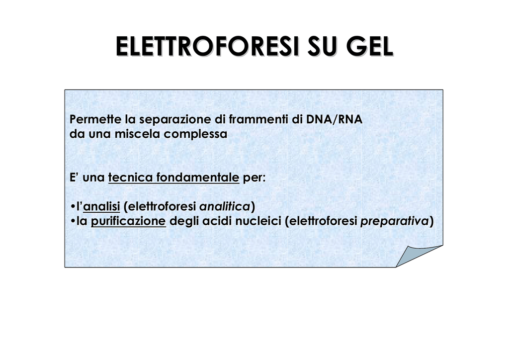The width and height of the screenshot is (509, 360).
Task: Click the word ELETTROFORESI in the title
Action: point(207,46)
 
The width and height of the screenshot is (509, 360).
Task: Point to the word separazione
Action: point(175,119)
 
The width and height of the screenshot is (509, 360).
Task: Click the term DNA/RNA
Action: point(334,119)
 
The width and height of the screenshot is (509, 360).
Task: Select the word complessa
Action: point(195,134)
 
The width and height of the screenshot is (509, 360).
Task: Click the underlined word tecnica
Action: point(130,177)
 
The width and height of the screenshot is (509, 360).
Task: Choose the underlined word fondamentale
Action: point(198,177)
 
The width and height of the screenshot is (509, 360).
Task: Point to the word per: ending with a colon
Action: point(254,178)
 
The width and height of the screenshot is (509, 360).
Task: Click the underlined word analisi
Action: point(101,206)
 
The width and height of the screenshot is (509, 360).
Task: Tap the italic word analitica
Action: point(225,206)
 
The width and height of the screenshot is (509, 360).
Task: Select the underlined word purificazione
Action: point(128,221)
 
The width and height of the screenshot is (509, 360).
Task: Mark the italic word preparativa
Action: point(395,221)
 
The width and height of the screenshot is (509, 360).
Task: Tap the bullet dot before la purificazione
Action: point(72,221)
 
